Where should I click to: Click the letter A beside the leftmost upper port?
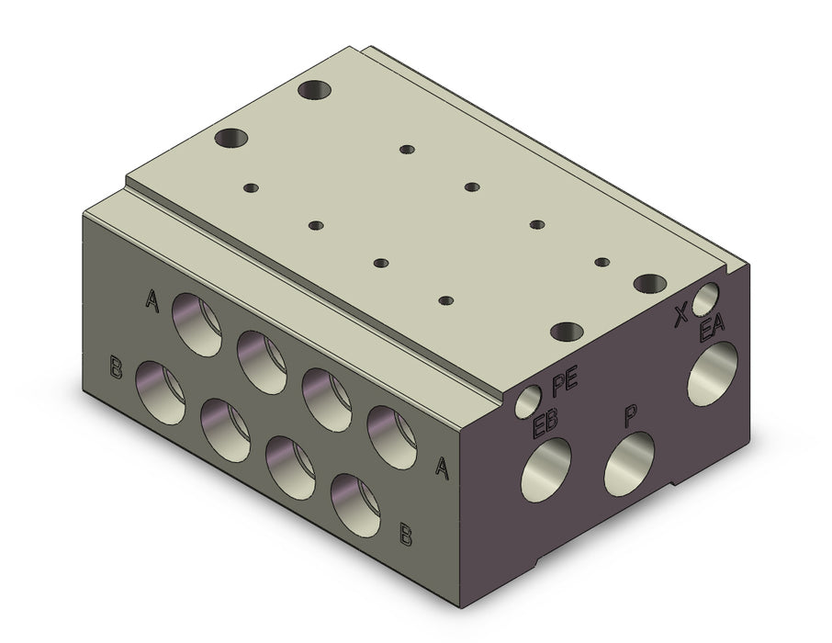click(x=152, y=300)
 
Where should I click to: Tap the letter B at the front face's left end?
click(x=116, y=367)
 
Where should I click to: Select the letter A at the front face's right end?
click(x=443, y=467)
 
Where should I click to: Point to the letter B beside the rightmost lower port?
click(x=405, y=536)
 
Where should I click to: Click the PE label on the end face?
click(x=564, y=384)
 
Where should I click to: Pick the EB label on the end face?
click(x=545, y=420)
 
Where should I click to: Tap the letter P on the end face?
click(x=630, y=417)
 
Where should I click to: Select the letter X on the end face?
click(x=680, y=316)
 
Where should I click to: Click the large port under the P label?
click(x=629, y=463)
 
